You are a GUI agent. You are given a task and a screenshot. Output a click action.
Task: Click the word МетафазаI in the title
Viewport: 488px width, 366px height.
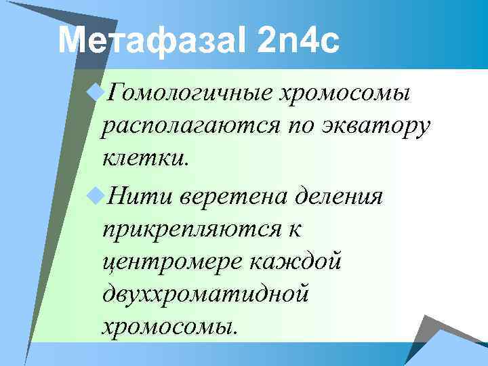point(154,41)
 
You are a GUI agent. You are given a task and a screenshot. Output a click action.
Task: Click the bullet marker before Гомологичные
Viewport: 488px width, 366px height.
point(96,93)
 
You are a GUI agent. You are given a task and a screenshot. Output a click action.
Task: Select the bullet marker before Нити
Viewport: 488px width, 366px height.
point(96,196)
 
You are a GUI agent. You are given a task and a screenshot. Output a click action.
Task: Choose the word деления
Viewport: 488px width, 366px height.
point(344,197)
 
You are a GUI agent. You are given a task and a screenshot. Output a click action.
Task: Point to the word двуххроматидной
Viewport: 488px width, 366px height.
point(205,294)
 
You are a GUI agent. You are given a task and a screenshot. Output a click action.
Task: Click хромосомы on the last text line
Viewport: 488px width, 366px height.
point(169,327)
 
